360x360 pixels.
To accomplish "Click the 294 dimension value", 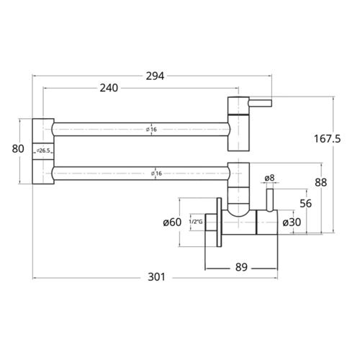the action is pyautogui.click(x=155, y=76).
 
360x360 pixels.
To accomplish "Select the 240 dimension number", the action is pyautogui.click(x=109, y=88).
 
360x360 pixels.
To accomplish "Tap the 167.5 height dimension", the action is pyautogui.click(x=327, y=139).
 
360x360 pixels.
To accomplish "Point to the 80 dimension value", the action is pyautogui.click(x=18, y=149).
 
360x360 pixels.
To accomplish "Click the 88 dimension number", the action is pyautogui.click(x=321, y=183).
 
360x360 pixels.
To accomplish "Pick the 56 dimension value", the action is pyautogui.click(x=306, y=204).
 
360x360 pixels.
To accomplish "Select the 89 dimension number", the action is pyautogui.click(x=241, y=267).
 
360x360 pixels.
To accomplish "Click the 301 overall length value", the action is pyautogui.click(x=156, y=277).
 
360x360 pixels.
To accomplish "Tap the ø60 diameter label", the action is pyautogui.click(x=172, y=222).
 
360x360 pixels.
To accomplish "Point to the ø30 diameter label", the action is pyautogui.click(x=292, y=222).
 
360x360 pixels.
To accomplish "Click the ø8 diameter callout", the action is pyautogui.click(x=269, y=178).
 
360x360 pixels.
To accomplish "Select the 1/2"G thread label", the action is pyautogui.click(x=196, y=222).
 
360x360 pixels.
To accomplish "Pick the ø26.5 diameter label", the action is pyautogui.click(x=43, y=150).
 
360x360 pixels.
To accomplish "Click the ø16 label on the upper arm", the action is pyautogui.click(x=151, y=130).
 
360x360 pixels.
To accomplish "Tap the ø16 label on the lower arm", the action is pyautogui.click(x=156, y=174).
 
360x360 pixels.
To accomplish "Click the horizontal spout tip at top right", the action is pyautogui.click(x=260, y=103).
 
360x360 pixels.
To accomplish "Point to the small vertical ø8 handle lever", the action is pyautogui.click(x=270, y=200).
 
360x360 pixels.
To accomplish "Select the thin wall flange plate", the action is pyautogui.click(x=219, y=222).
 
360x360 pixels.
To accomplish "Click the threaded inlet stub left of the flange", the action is pyautogui.click(x=211, y=222).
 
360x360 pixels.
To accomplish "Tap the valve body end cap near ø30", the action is pyautogui.click(x=267, y=222).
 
